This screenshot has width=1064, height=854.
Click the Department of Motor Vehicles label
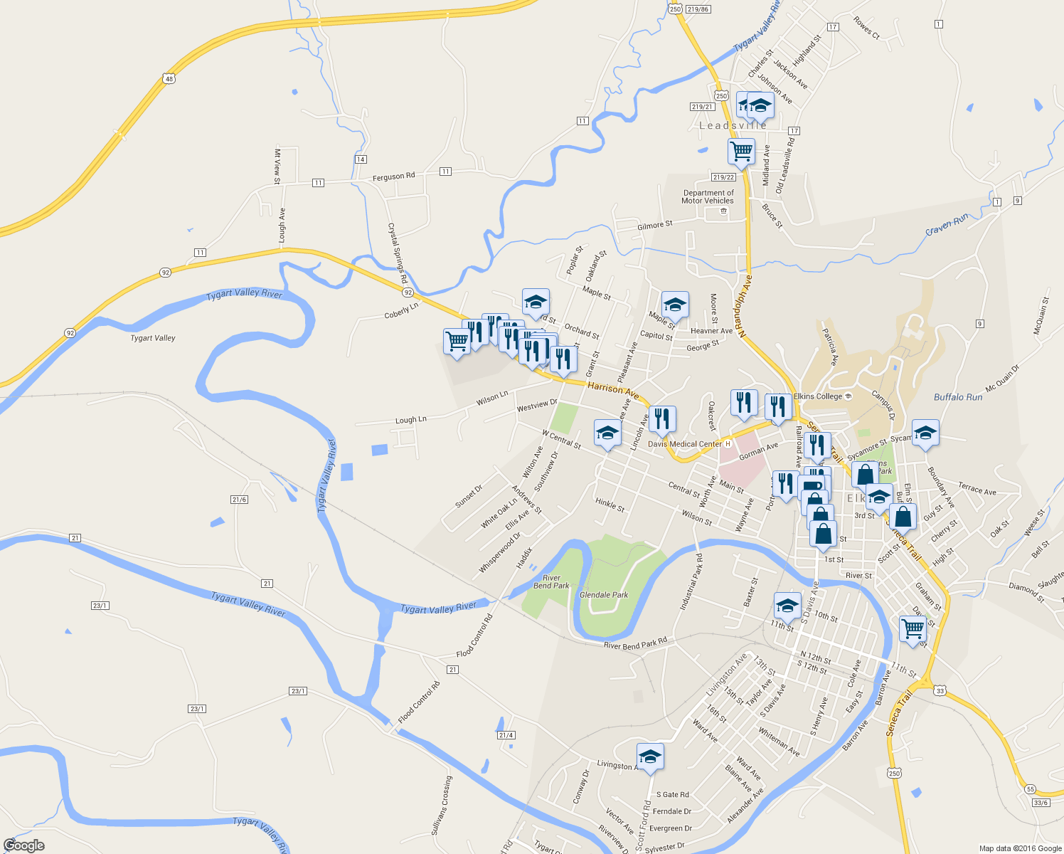[x=708, y=197]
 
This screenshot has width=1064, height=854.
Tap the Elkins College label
[x=818, y=396]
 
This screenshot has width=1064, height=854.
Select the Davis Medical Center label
[x=684, y=444]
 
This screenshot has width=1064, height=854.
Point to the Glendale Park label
[x=604, y=595]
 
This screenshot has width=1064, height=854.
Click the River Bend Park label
[x=551, y=582]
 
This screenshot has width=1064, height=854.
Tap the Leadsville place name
[x=733, y=126]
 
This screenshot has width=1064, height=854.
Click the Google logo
[x=23, y=845]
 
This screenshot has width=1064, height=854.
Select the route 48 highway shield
[x=169, y=78]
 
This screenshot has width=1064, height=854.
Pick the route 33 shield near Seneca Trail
[x=941, y=691]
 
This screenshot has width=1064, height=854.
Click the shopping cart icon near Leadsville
[x=741, y=152]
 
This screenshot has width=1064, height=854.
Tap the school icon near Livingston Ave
[x=650, y=757]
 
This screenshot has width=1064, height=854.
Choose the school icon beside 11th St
[x=787, y=606]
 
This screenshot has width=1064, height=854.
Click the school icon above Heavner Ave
[x=674, y=305]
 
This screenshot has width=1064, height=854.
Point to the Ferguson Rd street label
[x=393, y=176]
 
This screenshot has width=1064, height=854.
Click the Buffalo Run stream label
[x=958, y=397]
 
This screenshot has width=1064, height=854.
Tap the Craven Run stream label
[x=947, y=226]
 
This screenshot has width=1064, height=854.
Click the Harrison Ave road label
[x=613, y=389]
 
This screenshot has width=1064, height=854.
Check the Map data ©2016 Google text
[x=1020, y=848]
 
